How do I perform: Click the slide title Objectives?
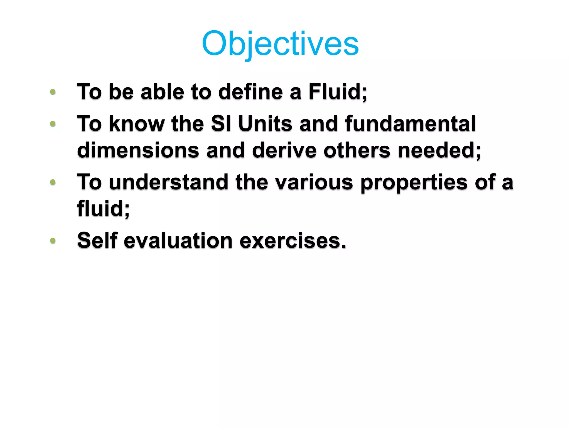point(280,44)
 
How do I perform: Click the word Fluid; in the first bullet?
point(338,92)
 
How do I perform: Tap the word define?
point(250,92)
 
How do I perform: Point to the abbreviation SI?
point(221,123)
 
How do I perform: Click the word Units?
point(265,123)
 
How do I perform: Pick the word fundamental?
point(410,123)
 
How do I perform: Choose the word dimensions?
point(138,150)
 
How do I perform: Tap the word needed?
point(439,150)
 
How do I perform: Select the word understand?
point(169,182)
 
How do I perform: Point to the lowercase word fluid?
point(103,208)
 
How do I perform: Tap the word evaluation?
point(178,240)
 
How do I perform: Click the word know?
point(137,123)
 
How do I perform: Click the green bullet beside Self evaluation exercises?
point(53,240)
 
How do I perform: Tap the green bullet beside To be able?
point(53,92)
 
